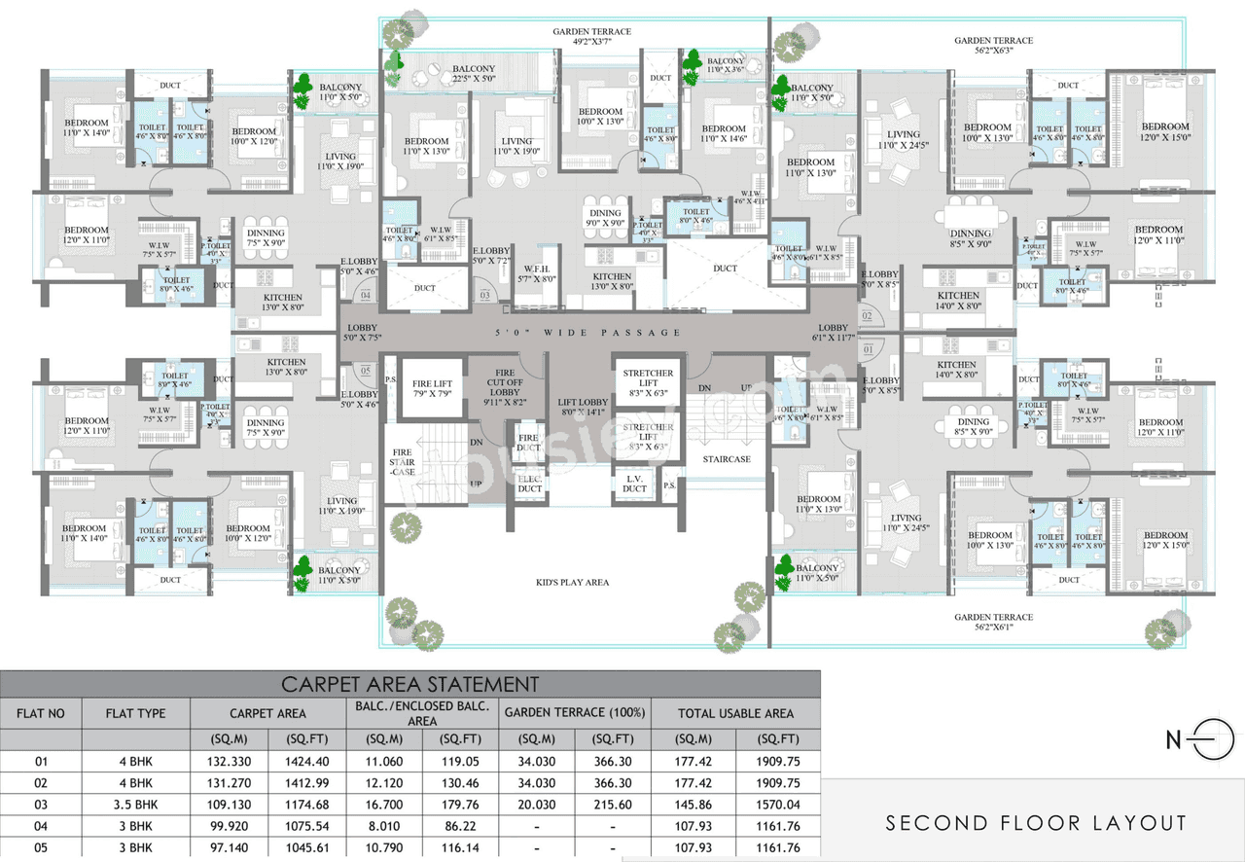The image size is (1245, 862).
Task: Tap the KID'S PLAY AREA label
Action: click(572, 582)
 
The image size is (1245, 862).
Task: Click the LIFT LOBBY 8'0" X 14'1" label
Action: click(584, 407)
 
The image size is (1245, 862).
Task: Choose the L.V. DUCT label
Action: click(634, 484)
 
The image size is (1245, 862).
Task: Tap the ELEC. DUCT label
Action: click(529, 484)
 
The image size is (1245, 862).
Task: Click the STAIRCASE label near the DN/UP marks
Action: click(727, 459)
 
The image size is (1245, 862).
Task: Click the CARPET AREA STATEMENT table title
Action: click(409, 684)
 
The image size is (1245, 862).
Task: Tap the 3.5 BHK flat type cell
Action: click(135, 805)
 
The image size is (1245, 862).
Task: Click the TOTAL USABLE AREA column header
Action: click(736, 713)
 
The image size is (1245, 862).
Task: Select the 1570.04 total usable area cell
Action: click(778, 805)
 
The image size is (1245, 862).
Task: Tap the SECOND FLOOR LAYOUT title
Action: click(1036, 823)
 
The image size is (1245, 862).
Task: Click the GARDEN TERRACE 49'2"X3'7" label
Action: click(591, 37)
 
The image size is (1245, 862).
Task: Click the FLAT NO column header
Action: click(41, 713)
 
